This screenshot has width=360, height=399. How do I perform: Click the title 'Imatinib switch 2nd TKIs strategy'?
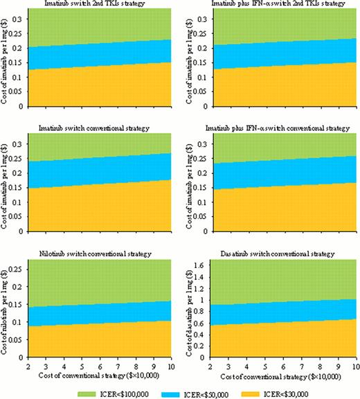tap(97, 6)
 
